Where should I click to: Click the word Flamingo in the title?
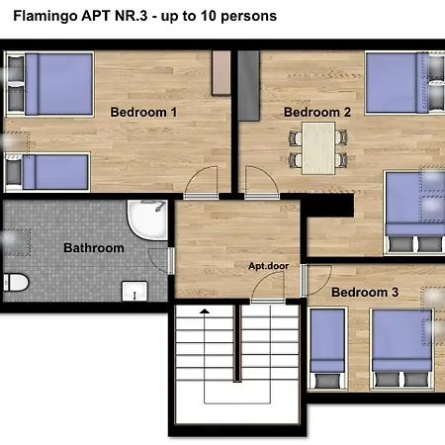pos(45,17)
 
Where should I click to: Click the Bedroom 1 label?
pos(142,113)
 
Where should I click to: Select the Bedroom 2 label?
pos(317,113)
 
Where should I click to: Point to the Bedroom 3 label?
pos(365,293)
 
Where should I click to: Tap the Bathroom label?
pos(94,248)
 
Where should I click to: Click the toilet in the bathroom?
pos(11,286)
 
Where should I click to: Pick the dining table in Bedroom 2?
pos(318,147)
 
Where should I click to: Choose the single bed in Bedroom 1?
pos(48,170)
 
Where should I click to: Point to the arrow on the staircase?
pos(205,312)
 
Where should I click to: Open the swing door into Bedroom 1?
pos(203,184)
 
